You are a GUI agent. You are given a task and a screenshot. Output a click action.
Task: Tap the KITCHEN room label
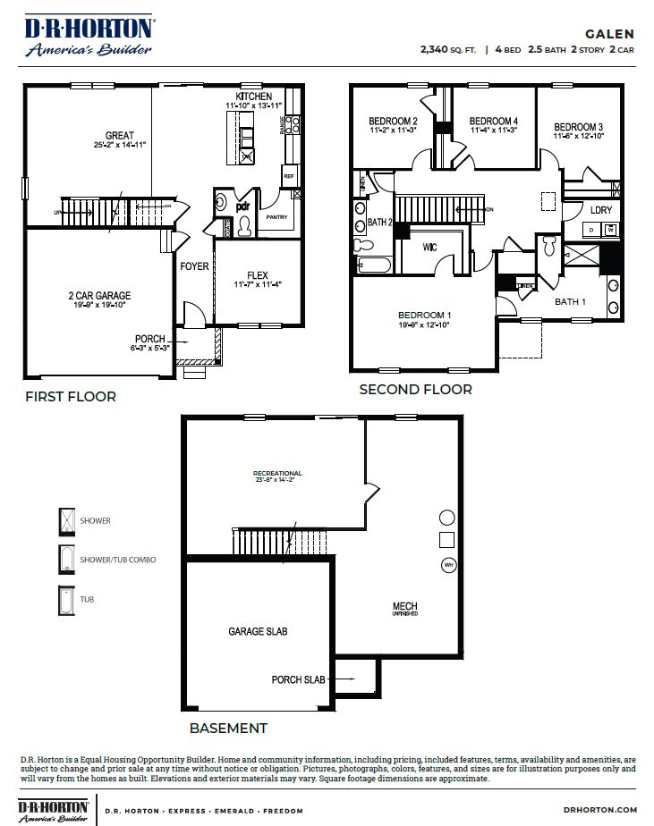(x=253, y=96)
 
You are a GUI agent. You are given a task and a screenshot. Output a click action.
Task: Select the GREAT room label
(x=119, y=136)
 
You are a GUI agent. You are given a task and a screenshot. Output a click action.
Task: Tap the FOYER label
(x=194, y=265)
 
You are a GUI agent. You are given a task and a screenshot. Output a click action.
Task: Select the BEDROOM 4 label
(x=493, y=121)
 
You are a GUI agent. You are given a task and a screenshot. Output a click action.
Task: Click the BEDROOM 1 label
(x=425, y=315)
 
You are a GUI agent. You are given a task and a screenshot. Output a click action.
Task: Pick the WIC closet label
(x=429, y=247)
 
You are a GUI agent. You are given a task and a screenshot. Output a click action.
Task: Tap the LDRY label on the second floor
(x=601, y=210)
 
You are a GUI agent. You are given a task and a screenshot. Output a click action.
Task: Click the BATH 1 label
(x=570, y=301)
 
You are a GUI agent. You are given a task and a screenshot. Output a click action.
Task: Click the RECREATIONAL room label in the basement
(x=277, y=473)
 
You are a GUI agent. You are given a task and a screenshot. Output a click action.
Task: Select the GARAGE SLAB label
(x=258, y=631)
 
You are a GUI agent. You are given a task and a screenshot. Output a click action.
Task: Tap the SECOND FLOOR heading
(x=415, y=390)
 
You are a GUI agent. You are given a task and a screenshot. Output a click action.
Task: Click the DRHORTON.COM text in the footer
(x=601, y=811)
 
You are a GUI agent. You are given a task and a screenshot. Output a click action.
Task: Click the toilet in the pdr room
(x=244, y=227)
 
